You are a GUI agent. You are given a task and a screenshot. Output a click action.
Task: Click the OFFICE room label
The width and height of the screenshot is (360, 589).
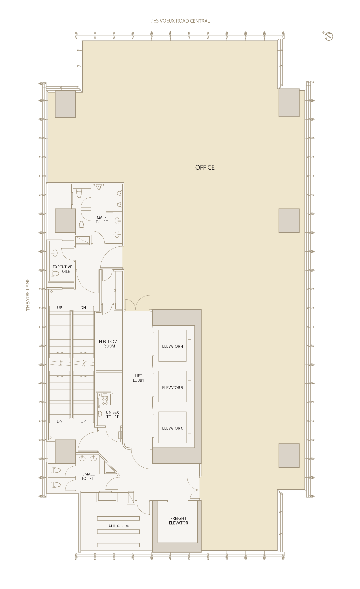pos(205,167)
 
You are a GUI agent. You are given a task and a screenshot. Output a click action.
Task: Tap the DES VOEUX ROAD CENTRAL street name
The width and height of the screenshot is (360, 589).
pos(180,21)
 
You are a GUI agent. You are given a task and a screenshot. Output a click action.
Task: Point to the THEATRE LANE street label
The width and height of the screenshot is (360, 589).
pos(28,294)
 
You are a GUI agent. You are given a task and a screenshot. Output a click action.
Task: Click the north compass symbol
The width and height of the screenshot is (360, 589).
pos(328,36)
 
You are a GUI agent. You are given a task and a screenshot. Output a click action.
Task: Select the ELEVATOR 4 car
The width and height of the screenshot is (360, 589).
pos(172,346)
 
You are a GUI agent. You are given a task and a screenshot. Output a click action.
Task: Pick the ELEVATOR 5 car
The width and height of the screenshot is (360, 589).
pos(172,386)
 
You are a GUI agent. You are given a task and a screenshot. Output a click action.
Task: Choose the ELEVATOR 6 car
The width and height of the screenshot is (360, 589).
pos(172,427)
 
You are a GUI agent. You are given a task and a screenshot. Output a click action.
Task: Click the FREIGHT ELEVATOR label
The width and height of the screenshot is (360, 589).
pos(178,521)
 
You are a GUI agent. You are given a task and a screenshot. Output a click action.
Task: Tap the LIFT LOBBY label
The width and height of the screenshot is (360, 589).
pos(138,378)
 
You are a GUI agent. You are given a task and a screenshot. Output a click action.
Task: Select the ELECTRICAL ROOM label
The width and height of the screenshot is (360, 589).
pos(109,344)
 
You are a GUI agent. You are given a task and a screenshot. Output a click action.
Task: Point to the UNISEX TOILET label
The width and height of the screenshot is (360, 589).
pos(113,415)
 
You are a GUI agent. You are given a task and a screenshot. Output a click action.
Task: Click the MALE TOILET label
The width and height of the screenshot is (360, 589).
pos(102,220)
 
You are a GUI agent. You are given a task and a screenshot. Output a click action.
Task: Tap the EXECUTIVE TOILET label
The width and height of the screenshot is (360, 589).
pos(63,269)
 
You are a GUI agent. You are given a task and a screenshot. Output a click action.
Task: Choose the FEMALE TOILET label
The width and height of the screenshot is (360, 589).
pos(88,476)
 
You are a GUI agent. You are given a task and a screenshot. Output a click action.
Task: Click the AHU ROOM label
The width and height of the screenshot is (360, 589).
pos(118,526)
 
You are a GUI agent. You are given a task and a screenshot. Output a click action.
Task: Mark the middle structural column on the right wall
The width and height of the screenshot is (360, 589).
pos(289,221)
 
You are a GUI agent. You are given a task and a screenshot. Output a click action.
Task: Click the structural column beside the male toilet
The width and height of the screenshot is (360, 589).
pos(65,221)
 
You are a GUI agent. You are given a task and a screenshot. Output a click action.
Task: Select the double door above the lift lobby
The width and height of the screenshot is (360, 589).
pos(137,303)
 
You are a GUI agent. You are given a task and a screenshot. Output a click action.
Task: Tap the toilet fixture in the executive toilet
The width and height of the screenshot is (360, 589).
pos(55,274)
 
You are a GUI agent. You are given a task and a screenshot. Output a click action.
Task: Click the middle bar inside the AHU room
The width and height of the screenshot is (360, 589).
pos(118,532)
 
